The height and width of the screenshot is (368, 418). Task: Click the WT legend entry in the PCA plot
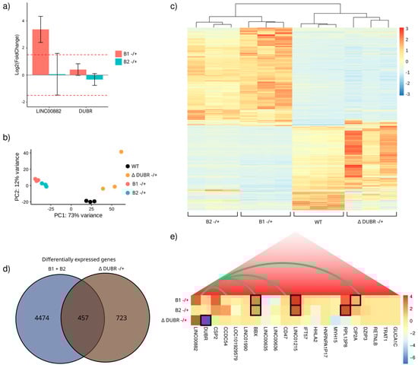pyautogui.click(x=141, y=165)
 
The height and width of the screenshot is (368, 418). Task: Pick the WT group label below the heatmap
pyautogui.click(x=316, y=222)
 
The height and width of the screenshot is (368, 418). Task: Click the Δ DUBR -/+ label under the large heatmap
pyautogui.click(x=368, y=222)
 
